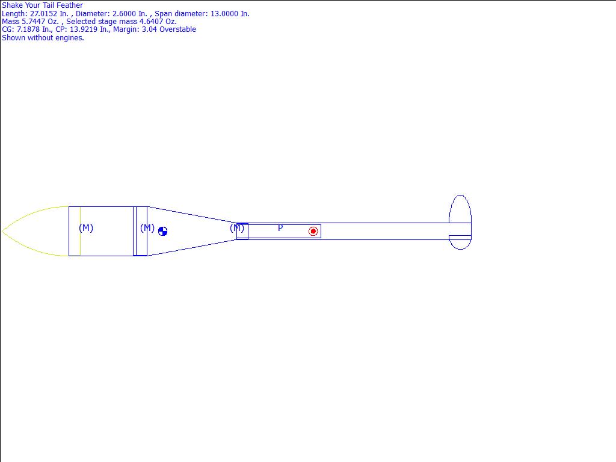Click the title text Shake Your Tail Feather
[43, 5]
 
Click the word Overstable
[177, 29]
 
